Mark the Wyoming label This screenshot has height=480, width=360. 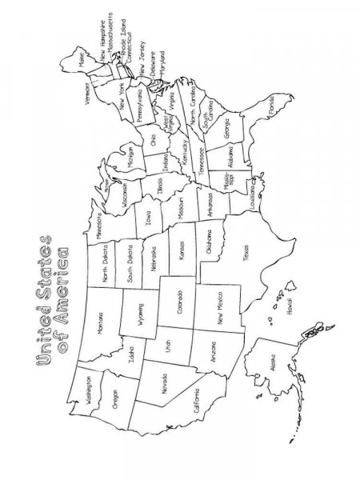click(143, 312)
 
